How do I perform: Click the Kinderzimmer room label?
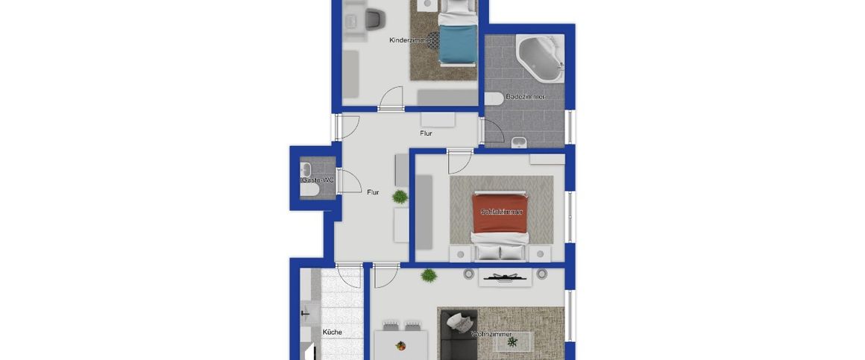click(409, 40)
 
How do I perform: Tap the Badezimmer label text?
click(525, 97)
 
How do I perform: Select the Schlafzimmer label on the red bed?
click(501, 212)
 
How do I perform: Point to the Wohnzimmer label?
click(491, 335)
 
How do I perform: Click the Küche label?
click(332, 332)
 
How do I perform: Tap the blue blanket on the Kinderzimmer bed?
click(456, 44)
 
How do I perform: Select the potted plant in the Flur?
click(400, 197)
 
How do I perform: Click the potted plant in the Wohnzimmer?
click(428, 276)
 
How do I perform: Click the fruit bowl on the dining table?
click(401, 345)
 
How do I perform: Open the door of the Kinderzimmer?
click(391, 100)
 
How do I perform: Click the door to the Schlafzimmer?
click(459, 161)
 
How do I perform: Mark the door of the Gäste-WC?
click(347, 181)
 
